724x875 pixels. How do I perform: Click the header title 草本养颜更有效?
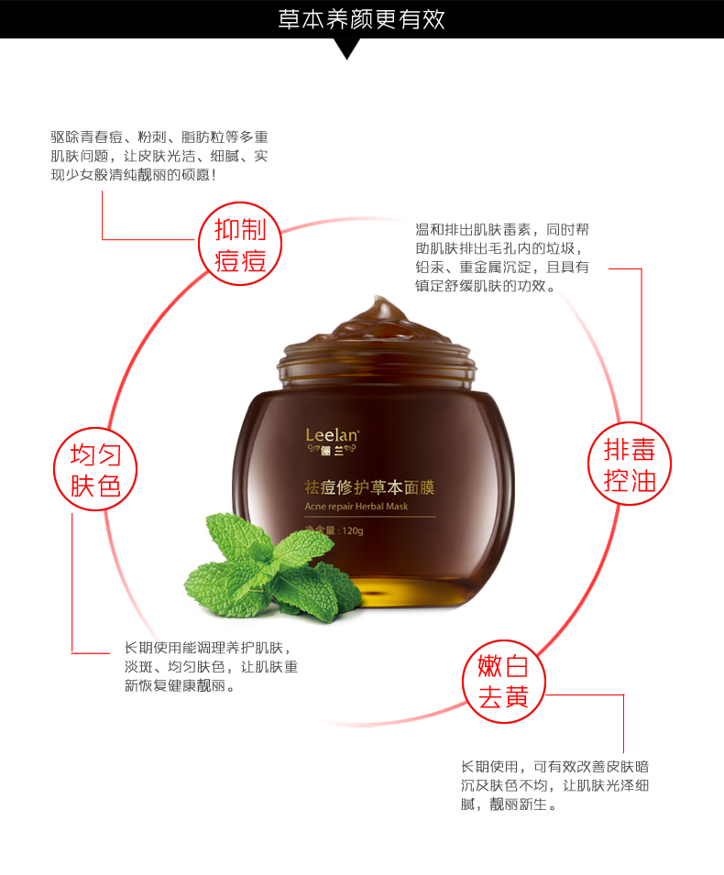[x=362, y=19]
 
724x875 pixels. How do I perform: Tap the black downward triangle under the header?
[x=347, y=49]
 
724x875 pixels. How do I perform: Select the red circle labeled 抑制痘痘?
[x=240, y=244]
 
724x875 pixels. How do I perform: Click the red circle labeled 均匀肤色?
[x=95, y=469]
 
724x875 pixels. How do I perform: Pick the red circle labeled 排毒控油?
[x=630, y=464]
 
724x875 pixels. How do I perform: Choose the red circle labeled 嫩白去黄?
[x=503, y=682]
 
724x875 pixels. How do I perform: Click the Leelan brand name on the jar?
[x=332, y=435]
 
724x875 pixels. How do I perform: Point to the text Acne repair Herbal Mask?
[x=357, y=507]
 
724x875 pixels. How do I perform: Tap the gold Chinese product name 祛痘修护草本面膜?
[x=369, y=487]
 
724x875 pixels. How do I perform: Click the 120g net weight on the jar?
[x=352, y=530]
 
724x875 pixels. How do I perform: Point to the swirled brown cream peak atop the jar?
[x=378, y=321]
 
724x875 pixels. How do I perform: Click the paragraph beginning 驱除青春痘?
[x=159, y=157]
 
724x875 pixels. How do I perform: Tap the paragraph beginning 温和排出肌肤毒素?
[x=502, y=257]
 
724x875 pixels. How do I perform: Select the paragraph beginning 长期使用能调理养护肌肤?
[x=211, y=667]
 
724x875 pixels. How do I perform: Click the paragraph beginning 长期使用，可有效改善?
[x=554, y=786]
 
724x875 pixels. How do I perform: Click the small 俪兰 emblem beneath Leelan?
[x=332, y=451]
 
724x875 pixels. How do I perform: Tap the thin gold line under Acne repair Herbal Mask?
[x=370, y=517]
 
